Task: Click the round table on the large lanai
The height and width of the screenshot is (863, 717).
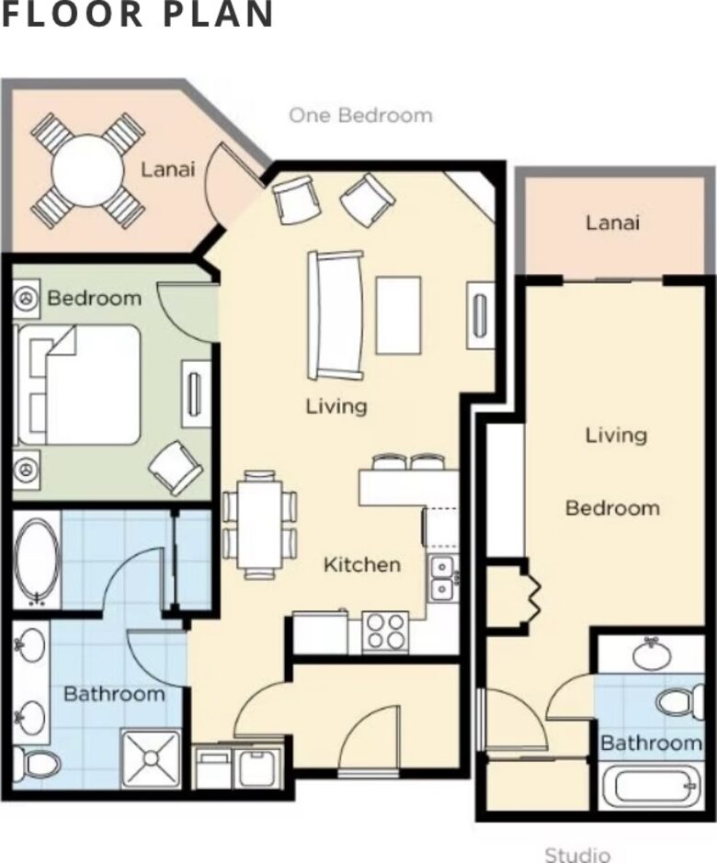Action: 86,171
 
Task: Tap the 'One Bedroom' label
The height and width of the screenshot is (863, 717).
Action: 360,116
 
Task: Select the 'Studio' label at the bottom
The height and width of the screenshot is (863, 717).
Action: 577,854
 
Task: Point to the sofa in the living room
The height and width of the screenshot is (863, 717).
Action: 336,315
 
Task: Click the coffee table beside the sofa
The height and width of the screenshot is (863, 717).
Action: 399,315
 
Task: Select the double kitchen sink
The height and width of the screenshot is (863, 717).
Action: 442,578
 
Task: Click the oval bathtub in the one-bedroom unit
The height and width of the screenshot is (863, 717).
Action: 38,559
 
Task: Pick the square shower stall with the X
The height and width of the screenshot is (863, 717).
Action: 151,758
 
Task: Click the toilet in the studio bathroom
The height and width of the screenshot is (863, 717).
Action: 680,702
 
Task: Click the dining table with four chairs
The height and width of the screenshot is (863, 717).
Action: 260,525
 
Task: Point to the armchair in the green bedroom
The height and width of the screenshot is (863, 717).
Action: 176,467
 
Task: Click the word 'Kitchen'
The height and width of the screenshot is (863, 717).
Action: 362,564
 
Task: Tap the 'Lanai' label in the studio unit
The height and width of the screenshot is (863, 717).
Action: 612,223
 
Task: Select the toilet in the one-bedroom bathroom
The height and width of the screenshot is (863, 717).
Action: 37,762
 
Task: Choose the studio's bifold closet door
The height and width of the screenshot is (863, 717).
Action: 532,597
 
